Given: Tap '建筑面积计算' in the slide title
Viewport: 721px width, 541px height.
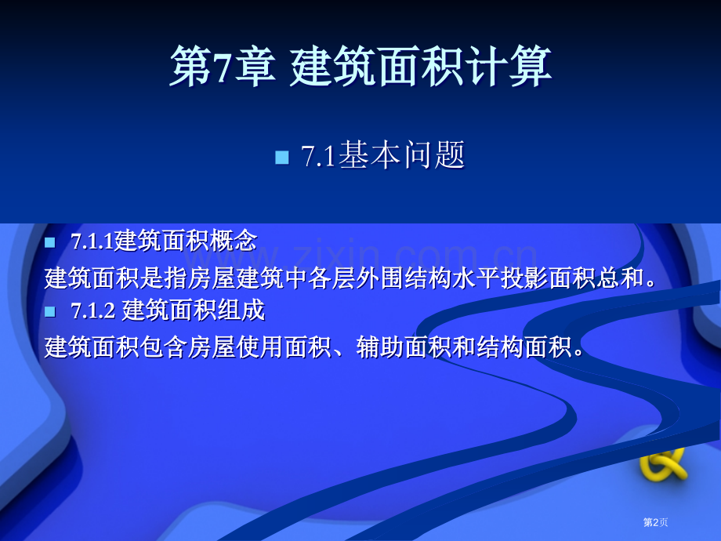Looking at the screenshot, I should pos(421,67).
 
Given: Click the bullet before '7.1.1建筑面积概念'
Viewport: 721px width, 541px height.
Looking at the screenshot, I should pos(51,241).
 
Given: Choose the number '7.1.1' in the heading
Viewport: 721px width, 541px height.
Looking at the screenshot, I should pos(92,241).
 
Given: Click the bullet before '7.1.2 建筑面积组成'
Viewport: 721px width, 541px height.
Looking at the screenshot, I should pos(51,311).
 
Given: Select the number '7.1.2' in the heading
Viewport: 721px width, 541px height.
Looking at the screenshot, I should pos(93,311).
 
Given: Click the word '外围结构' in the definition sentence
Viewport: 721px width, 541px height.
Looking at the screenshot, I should pos(379,278).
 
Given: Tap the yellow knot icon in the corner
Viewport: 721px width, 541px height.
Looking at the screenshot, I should pos(663,464).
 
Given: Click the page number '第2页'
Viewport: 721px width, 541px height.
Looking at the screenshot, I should pos(656,521).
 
